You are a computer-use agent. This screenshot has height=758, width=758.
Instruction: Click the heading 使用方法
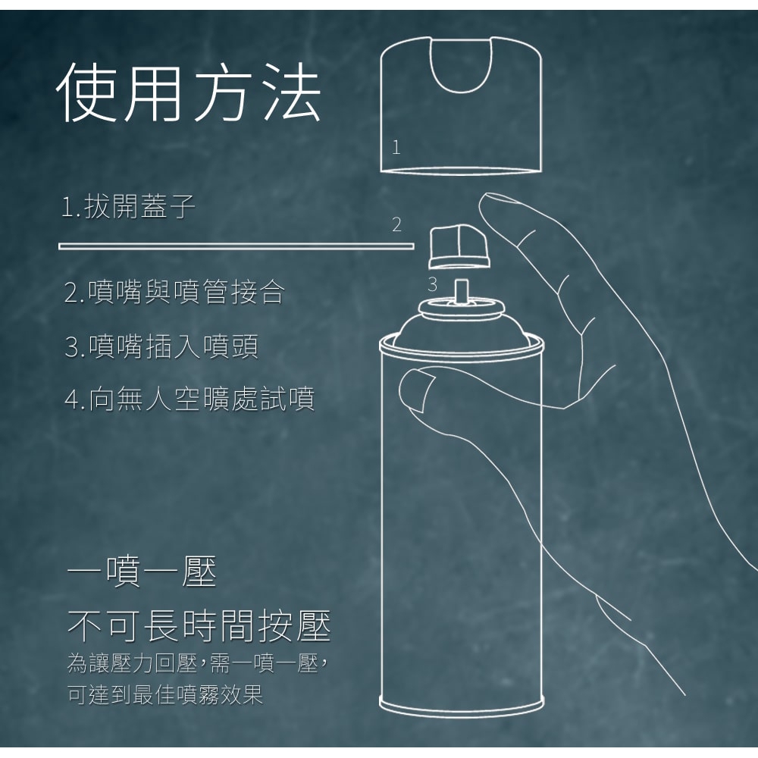click(x=189, y=92)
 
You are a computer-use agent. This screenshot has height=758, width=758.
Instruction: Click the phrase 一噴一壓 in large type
click(x=143, y=572)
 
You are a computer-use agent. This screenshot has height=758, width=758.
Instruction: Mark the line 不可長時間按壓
click(x=199, y=627)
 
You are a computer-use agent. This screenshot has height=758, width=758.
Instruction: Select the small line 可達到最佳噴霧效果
click(x=165, y=694)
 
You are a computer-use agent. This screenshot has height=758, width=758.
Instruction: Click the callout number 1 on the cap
click(x=396, y=147)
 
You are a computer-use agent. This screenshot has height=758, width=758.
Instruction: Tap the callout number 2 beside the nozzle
click(x=396, y=225)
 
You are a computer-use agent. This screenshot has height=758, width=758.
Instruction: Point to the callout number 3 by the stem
click(x=432, y=284)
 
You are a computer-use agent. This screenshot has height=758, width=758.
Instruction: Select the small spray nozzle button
click(x=459, y=246)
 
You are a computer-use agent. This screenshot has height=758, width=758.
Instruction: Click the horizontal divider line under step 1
click(x=236, y=246)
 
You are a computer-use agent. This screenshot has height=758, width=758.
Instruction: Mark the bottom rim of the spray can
click(x=462, y=706)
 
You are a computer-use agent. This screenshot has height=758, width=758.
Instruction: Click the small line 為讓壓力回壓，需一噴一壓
click(x=198, y=664)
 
